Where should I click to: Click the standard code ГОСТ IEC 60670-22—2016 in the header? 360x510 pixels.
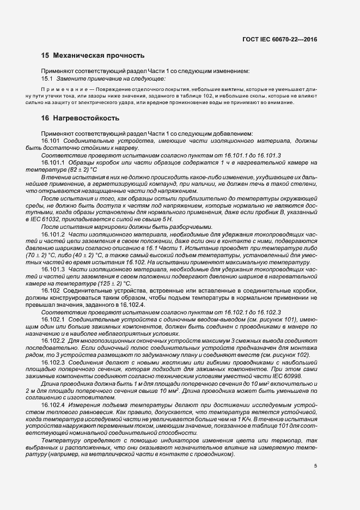click(x=279, y=39)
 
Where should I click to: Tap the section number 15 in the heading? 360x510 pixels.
click(x=45, y=55)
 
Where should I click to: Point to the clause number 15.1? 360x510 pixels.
click(x=48, y=79)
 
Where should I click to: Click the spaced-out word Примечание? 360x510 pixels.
click(x=60, y=89)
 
